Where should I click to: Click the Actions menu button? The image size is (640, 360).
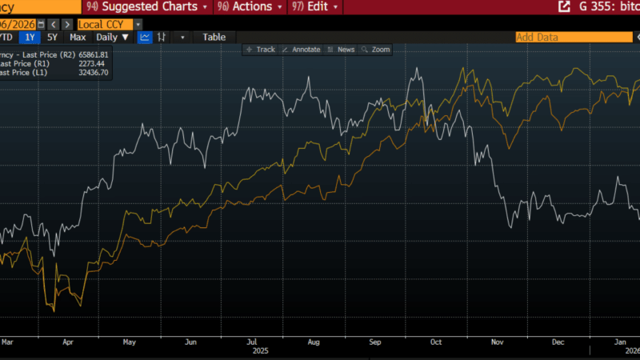point(251,6)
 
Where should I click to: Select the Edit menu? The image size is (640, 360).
point(318,6)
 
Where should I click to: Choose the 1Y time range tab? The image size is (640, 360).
point(30,37)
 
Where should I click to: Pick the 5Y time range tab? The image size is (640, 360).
point(52,37)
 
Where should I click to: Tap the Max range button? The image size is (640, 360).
point(78,37)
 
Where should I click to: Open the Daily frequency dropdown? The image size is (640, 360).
point(113,37)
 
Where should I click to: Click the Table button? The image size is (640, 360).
point(214,37)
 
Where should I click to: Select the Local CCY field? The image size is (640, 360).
point(105,24)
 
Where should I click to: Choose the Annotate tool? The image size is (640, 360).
point(302,50)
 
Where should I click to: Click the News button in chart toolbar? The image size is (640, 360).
point(342,50)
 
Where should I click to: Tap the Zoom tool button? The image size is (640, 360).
point(376,50)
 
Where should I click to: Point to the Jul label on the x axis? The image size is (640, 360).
point(252,342)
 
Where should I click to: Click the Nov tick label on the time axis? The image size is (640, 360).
point(497,342)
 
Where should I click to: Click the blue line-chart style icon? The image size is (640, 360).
point(145,37)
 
